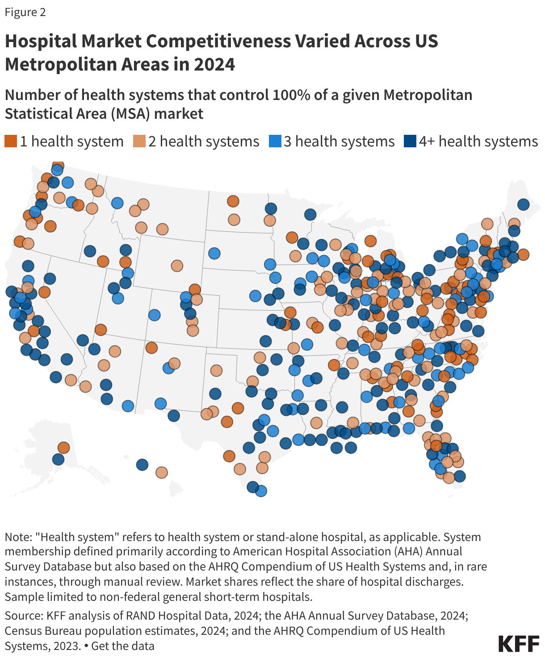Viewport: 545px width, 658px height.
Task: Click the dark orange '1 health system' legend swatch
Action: point(11,142)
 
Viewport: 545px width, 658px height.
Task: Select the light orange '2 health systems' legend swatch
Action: point(139,142)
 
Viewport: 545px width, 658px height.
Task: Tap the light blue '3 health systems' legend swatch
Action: point(275,142)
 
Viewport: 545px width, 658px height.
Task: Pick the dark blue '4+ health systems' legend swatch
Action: point(410,142)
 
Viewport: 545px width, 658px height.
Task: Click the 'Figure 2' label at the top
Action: point(25,12)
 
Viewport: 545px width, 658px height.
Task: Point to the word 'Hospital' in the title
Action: point(41,41)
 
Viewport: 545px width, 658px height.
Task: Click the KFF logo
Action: point(519,644)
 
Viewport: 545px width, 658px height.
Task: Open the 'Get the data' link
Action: point(123,646)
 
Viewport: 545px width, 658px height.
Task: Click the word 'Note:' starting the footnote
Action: point(18,537)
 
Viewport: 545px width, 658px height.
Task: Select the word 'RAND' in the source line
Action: point(142,616)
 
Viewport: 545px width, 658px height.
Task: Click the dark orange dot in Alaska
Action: point(63,447)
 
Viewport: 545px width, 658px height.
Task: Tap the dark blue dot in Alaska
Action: point(58,459)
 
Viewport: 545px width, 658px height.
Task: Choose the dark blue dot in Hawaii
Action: point(142,465)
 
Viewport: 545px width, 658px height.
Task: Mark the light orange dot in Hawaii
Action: point(162,472)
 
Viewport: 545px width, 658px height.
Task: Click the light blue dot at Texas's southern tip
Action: point(261,491)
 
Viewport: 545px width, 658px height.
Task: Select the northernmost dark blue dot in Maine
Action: point(523,204)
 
